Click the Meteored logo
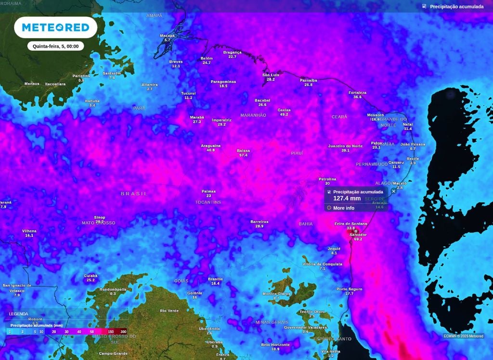click(x=56, y=27)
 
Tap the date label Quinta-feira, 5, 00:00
click(x=56, y=46)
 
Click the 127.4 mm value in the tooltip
click(x=347, y=198)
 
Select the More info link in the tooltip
click(x=343, y=208)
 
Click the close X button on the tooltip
click(x=393, y=191)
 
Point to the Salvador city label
click(x=358, y=234)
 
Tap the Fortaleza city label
click(x=357, y=92)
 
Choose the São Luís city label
click(x=271, y=75)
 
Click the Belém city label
click(x=207, y=58)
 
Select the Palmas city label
click(x=208, y=191)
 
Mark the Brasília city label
click(x=215, y=279)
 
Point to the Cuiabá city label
click(x=91, y=276)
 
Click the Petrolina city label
click(x=327, y=179)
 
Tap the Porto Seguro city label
click(x=349, y=289)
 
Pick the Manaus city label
click(x=32, y=84)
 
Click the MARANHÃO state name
click(x=253, y=116)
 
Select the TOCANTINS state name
click(x=208, y=202)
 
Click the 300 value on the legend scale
click(x=123, y=332)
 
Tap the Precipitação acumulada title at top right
click(x=456, y=7)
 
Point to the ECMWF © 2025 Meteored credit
click(x=464, y=336)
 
